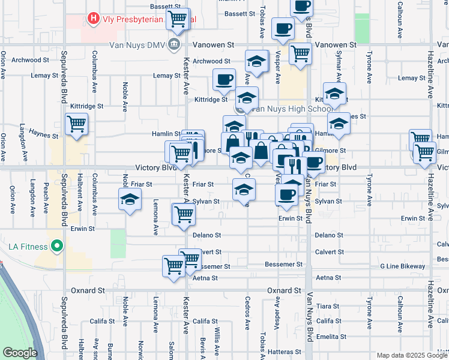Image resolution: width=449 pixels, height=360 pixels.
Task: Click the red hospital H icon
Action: pyautogui.click(x=94, y=19)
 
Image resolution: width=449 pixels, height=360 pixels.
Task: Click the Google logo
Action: pyautogui.click(x=20, y=353)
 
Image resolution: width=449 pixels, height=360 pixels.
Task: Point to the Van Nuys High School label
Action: pyautogui.click(x=291, y=109)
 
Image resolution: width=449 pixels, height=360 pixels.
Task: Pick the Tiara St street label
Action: pyautogui.click(x=328, y=306)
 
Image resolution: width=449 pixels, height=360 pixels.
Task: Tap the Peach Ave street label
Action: pyautogui.click(x=46, y=199)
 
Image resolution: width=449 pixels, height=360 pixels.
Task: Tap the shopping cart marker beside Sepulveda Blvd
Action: pyautogui.click(x=77, y=124)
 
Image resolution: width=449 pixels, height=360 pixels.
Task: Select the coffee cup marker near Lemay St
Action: pyautogui.click(x=224, y=79)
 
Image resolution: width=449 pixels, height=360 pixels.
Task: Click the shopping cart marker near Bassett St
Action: pyautogui.click(x=178, y=18)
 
